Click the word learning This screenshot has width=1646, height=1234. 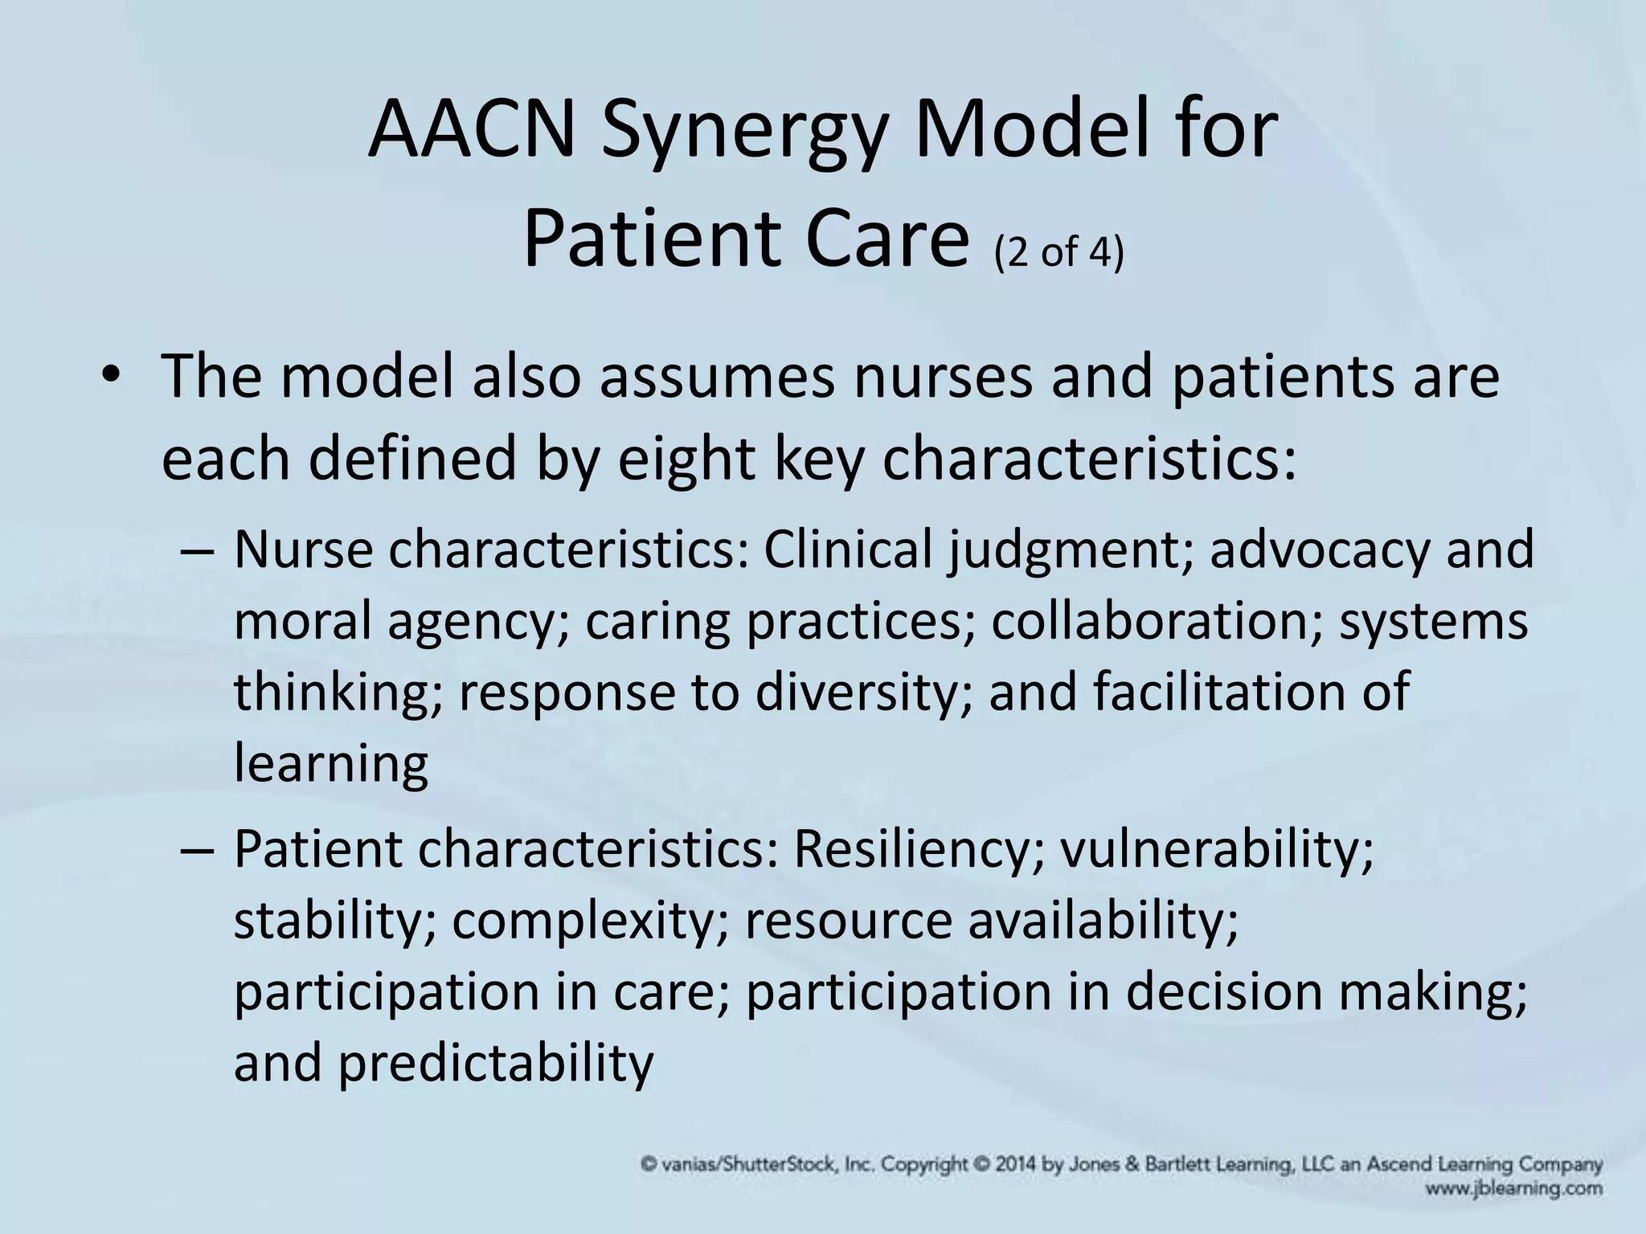[x=331, y=765]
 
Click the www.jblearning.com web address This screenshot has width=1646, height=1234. [x=1513, y=1188]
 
